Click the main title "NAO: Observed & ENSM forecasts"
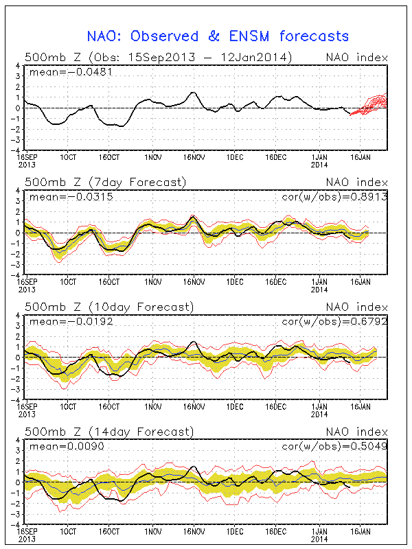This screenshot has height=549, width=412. click(218, 36)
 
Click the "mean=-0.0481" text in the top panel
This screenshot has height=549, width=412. click(60, 71)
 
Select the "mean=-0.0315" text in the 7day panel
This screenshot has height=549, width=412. click(60, 197)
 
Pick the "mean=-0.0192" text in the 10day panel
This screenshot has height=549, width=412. click(60, 321)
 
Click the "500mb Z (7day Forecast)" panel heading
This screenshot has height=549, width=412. click(105, 182)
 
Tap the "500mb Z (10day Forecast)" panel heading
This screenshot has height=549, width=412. click(108, 306)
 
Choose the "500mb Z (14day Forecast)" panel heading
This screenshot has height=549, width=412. click(108, 431)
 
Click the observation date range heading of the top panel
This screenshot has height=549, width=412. click(158, 57)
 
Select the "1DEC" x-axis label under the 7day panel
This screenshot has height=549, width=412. click(235, 281)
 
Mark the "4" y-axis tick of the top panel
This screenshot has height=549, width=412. click(18, 66)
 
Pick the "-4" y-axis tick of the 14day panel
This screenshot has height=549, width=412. click(16, 524)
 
